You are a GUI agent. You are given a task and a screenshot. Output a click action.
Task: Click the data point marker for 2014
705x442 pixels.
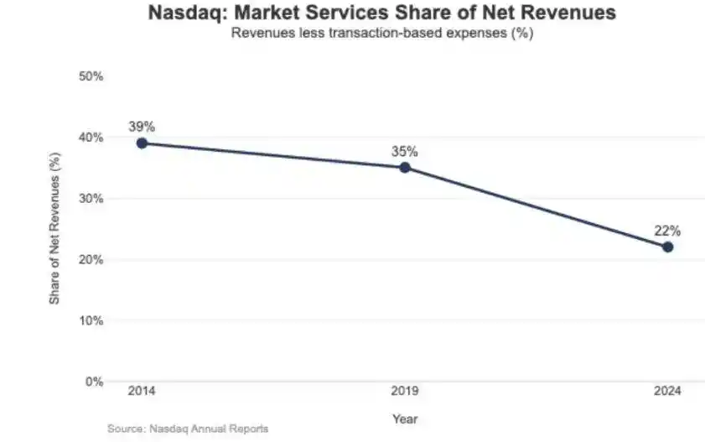142,143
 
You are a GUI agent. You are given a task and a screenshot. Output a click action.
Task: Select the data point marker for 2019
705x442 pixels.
405,168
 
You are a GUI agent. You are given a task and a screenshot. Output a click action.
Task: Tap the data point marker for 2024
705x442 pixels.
667,247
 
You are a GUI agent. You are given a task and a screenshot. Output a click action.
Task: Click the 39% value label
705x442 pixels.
142,127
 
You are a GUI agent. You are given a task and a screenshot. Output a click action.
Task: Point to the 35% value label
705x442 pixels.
405,152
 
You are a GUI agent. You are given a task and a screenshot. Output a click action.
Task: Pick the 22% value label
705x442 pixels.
667,231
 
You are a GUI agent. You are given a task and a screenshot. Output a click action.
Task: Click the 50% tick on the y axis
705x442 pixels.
90,76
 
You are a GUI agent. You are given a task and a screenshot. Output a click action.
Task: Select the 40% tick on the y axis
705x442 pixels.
90,138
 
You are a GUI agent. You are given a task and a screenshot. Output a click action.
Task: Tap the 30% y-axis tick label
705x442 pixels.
90,199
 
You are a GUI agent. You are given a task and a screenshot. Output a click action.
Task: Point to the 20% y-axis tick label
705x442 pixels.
90,260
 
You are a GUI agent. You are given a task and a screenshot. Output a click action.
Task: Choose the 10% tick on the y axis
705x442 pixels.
90,320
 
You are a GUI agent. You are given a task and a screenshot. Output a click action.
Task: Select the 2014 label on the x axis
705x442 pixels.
142,392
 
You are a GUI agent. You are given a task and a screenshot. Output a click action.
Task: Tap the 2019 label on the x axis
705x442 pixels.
405,392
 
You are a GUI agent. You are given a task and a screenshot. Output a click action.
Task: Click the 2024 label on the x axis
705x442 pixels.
667,392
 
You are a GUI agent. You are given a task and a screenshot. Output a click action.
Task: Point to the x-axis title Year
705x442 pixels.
404,419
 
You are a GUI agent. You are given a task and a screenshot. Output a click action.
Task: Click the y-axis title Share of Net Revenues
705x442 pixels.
54,228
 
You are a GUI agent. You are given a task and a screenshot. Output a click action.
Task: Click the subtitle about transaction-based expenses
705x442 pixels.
382,34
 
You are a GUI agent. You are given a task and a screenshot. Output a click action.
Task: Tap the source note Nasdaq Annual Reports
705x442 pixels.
188,429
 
